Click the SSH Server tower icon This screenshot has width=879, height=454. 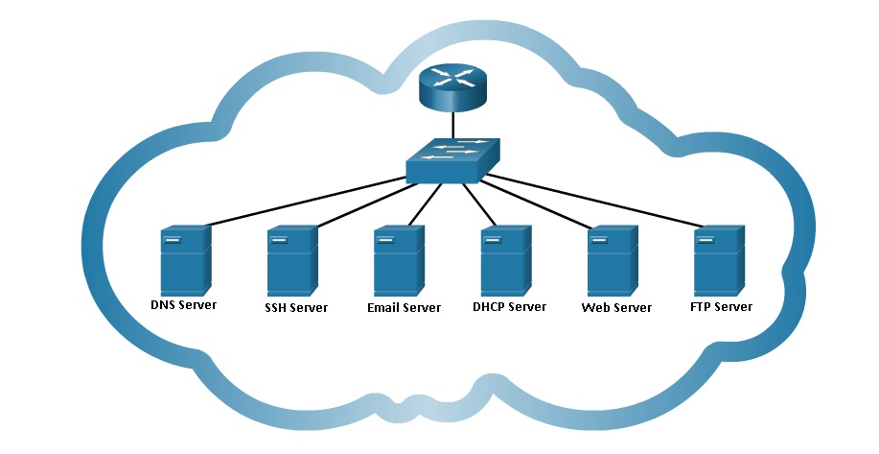click(x=292, y=260)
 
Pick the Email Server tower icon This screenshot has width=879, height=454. click(x=399, y=260)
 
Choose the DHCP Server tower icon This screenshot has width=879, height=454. click(x=505, y=260)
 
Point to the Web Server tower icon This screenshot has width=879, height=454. click(x=613, y=260)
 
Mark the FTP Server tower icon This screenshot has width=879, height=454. click(x=719, y=260)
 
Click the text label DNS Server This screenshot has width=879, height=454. click(x=184, y=306)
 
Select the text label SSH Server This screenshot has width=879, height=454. click(x=296, y=308)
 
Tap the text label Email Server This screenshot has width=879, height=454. click(x=404, y=308)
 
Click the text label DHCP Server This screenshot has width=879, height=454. click(x=509, y=307)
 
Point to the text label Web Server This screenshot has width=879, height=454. click(x=616, y=308)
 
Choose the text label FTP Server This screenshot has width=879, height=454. click(x=721, y=307)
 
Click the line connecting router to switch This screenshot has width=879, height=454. click(x=453, y=126)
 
